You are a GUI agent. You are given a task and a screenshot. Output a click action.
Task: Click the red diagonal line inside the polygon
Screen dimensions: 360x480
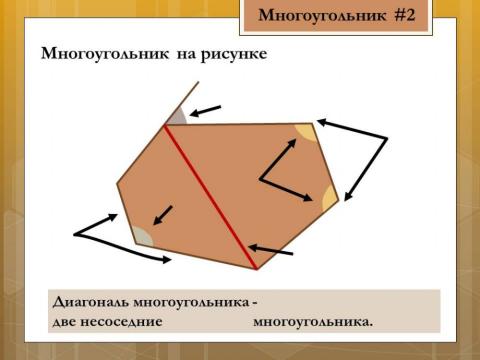[x=211, y=196]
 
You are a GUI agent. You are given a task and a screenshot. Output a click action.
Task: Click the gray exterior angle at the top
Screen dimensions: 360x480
[x=177, y=116]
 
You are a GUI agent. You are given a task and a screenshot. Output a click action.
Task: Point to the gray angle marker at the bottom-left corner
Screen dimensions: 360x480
[x=142, y=236]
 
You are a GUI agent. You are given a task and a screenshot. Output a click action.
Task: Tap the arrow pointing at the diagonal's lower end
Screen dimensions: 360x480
[x=271, y=250]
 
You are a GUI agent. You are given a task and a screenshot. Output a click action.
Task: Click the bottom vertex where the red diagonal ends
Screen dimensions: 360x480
[x=257, y=269]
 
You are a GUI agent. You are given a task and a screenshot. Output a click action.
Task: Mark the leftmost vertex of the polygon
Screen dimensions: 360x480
[x=118, y=183]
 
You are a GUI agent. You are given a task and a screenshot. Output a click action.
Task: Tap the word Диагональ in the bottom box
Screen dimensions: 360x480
[x=98, y=302]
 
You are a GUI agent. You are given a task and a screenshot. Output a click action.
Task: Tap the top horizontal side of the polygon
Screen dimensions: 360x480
[x=240, y=124]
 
